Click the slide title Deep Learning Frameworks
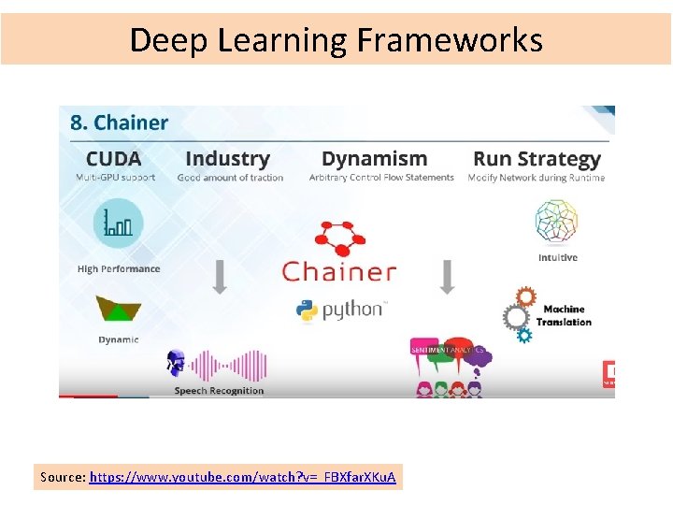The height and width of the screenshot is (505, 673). pos(336,40)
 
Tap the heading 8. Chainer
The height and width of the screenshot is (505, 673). pos(119,123)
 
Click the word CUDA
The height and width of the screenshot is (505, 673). pos(113,159)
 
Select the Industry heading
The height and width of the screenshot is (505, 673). pos(227,159)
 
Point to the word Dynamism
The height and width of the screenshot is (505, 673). pos(374,159)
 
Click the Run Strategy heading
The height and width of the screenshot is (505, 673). pos(537,159)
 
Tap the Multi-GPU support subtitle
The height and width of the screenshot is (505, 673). pos(116,177)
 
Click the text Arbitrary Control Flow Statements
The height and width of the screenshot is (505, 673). pos(381,177)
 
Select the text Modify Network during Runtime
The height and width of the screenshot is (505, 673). pos(537,177)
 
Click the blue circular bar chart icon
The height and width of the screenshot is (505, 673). pos(118,222)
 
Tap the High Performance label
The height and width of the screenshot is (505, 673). pos(119,269)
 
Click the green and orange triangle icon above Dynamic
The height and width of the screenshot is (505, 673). pos(119,310)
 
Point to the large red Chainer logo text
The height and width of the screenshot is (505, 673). pos(339,272)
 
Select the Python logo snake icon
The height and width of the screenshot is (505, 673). pos(307,310)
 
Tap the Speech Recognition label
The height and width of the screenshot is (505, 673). pos(219,391)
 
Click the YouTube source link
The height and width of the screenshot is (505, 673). pos(242,478)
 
